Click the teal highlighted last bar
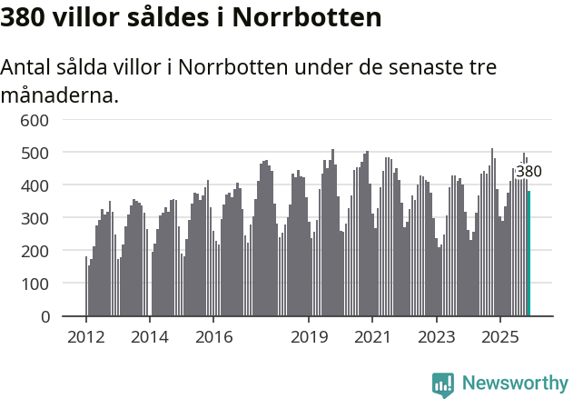(x=529, y=254)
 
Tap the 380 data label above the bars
(x=529, y=171)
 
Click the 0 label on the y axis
(x=44, y=317)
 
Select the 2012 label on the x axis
(x=86, y=337)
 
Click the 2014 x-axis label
(x=150, y=337)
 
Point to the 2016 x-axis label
(x=213, y=337)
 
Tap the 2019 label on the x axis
(x=309, y=337)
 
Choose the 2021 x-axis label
(x=372, y=337)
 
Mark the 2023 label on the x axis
(x=436, y=337)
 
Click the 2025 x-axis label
(x=499, y=337)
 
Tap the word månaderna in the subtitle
(x=60, y=95)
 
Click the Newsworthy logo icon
(x=443, y=384)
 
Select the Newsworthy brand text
(x=514, y=384)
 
